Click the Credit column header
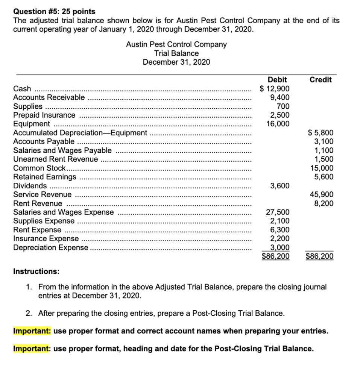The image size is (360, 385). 320,80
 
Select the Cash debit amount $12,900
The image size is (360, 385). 275,89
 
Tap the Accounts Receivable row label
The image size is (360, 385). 49,97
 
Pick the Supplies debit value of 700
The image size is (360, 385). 283,106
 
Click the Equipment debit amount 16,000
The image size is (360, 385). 278,124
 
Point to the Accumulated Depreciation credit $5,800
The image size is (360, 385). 321,133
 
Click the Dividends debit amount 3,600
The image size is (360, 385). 280,186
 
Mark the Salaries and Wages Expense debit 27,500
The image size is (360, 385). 278,212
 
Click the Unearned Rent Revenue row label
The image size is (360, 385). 56,159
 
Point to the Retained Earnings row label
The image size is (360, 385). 45,177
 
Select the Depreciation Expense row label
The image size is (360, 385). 51,247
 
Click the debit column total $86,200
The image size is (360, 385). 276,257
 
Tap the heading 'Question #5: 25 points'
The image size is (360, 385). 54,12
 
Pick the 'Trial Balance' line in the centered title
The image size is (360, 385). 176,53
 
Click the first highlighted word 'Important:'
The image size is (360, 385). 32,331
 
